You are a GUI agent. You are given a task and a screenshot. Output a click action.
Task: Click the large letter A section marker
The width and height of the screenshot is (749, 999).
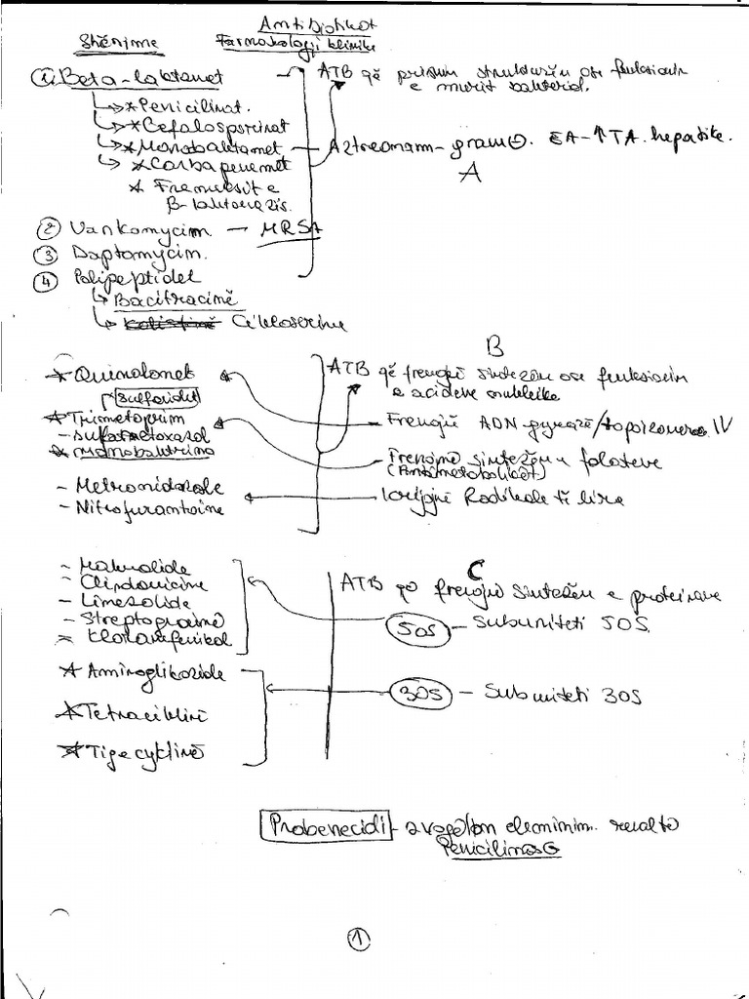click(472, 175)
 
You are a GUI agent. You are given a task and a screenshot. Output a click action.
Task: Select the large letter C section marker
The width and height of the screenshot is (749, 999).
click(476, 566)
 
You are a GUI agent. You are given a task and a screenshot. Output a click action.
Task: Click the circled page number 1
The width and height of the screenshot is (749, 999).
click(360, 939)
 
